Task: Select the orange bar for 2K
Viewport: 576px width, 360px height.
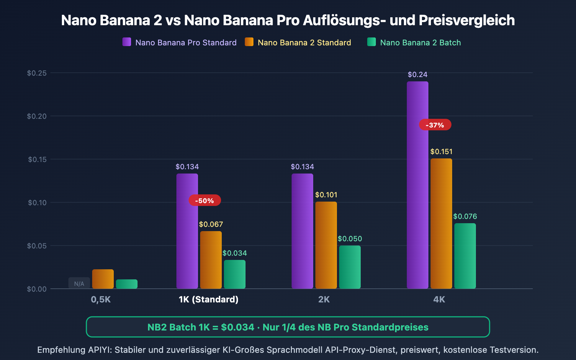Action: pyautogui.click(x=326, y=245)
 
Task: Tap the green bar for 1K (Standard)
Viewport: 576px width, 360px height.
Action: pyautogui.click(x=234, y=274)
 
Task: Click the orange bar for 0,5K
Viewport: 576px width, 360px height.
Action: pyautogui.click(x=103, y=279)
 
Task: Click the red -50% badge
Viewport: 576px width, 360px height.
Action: pyautogui.click(x=204, y=201)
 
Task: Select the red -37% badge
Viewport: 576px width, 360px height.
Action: pyautogui.click(x=435, y=125)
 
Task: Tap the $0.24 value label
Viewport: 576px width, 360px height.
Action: pyautogui.click(x=417, y=75)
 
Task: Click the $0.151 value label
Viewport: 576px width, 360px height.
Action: pyautogui.click(x=441, y=152)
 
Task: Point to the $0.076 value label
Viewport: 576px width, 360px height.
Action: pyautogui.click(x=465, y=216)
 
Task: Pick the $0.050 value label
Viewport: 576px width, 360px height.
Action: pyautogui.click(x=350, y=239)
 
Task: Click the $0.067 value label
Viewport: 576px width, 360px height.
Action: pyautogui.click(x=211, y=224)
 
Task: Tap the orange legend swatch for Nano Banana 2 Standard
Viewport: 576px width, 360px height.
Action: pyautogui.click(x=249, y=42)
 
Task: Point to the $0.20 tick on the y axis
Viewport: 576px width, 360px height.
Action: pyautogui.click(x=37, y=116)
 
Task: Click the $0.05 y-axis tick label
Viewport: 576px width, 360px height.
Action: pyautogui.click(x=37, y=246)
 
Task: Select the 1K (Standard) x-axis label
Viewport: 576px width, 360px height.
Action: pyautogui.click(x=208, y=300)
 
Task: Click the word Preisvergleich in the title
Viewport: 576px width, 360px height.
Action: pyautogui.click(x=467, y=20)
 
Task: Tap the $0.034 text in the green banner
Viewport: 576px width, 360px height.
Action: pyautogui.click(x=238, y=327)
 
